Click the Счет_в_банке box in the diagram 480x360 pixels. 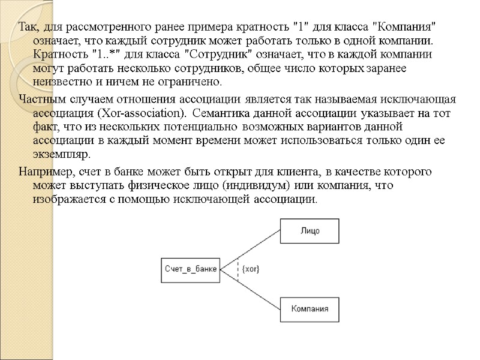tap(190, 269)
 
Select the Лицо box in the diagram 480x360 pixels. tap(310, 230)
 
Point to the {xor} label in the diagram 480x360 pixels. tap(250, 269)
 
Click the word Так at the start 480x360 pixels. tap(28, 28)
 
